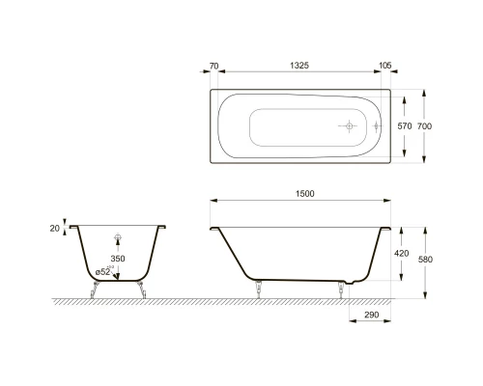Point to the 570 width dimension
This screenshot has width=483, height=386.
point(406,126)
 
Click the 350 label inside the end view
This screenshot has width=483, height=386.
point(118,260)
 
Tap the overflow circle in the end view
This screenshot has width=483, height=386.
point(118,237)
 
